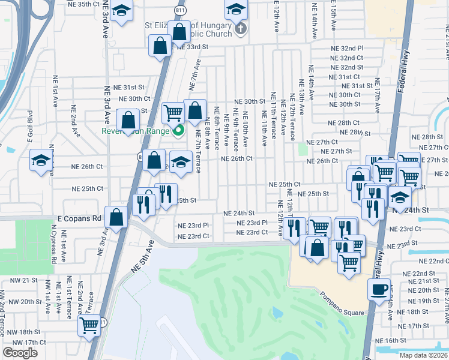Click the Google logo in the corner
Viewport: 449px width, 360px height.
pos(20,353)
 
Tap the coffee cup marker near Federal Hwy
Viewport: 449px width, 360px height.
pos(379,290)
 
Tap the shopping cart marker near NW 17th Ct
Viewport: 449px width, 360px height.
pos(89,325)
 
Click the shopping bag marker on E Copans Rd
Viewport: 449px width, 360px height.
pos(116,217)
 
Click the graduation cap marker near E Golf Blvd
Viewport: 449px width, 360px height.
pos(41,160)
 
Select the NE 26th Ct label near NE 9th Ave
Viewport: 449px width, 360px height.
pos(237,159)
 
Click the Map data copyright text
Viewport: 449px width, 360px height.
pos(423,355)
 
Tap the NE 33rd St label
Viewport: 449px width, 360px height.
pos(192,46)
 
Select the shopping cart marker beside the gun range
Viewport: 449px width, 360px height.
pos(173,112)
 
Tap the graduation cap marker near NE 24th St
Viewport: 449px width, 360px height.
pos(399,196)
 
